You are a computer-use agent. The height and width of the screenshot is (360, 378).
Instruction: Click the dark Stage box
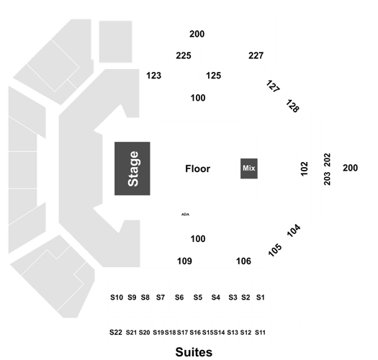point(132,168)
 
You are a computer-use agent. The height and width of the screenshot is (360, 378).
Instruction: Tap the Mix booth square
point(249,168)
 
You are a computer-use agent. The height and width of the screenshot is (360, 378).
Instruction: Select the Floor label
point(198,168)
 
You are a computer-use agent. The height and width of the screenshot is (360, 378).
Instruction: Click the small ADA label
point(185,214)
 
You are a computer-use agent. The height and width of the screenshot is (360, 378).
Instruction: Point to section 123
point(154,76)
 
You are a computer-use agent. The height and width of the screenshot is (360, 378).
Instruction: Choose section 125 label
point(213,76)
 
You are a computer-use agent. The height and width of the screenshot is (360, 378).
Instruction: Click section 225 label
point(184,55)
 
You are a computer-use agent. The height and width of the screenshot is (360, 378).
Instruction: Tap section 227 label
point(256,55)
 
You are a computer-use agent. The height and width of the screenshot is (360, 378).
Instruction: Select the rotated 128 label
point(292,106)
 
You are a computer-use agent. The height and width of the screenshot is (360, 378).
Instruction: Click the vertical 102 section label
point(305,168)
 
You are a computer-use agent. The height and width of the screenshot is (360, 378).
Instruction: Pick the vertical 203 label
point(327,179)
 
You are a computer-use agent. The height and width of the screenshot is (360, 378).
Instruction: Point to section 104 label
point(294,230)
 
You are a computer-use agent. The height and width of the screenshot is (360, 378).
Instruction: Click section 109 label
point(184,261)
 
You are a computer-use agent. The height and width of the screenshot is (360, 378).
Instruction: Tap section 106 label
point(243,261)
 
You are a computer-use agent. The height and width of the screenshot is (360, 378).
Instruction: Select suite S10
point(117,297)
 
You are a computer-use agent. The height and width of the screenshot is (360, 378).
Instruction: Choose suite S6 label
point(179,297)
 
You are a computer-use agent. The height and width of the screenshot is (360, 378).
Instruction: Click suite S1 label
point(261,297)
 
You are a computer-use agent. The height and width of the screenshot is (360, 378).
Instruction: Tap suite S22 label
point(116,332)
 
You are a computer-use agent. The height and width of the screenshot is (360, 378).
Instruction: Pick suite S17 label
point(182,333)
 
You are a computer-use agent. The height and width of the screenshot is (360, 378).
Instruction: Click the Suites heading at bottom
point(194,352)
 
